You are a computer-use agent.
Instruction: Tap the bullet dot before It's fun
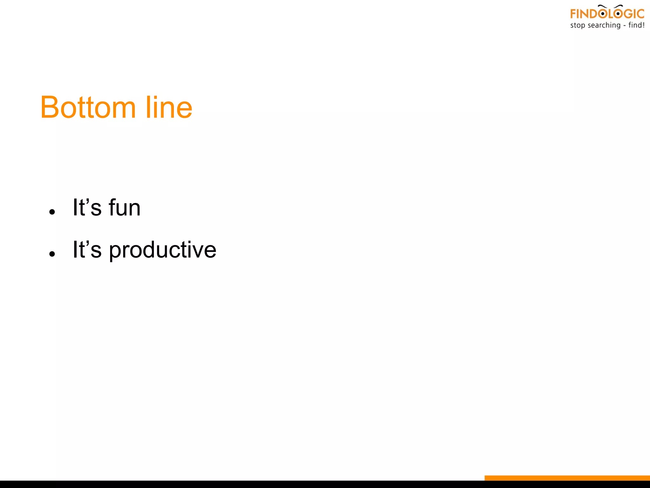point(52,212)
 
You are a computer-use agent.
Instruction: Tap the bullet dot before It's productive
point(52,254)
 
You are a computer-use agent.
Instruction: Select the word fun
point(124,208)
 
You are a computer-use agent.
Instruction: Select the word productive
point(162,250)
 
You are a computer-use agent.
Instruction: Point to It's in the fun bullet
point(87,208)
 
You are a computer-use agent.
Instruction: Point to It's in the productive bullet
point(87,250)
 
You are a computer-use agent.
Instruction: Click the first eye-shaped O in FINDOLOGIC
point(602,14)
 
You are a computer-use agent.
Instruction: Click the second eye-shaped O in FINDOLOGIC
point(618,14)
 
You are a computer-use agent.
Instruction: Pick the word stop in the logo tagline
point(578,25)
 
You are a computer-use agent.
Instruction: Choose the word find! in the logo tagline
point(636,25)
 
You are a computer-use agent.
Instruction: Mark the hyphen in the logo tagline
point(624,26)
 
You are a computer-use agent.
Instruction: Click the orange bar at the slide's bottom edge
point(567,478)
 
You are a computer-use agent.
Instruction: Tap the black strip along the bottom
point(241,484)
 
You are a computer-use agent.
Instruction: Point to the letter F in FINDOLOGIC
point(573,14)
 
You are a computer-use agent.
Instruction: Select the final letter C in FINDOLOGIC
point(641,14)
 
